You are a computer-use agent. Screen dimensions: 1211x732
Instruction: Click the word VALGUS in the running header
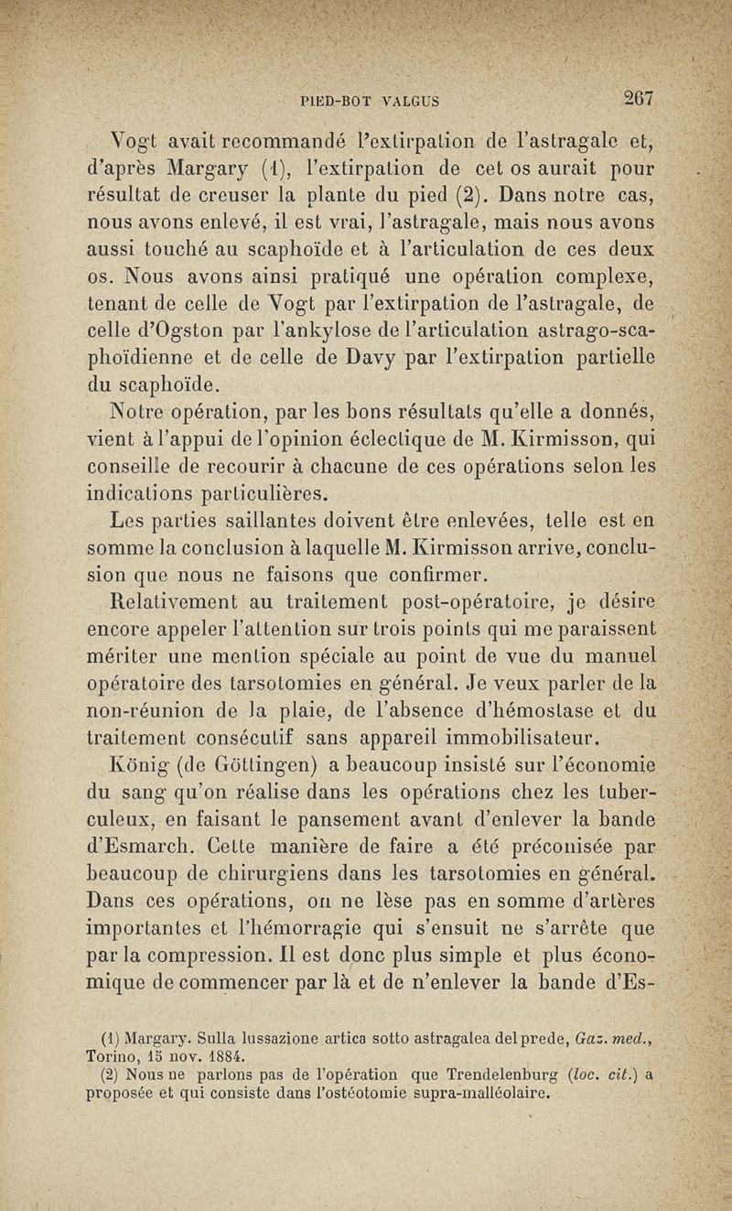410,101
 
